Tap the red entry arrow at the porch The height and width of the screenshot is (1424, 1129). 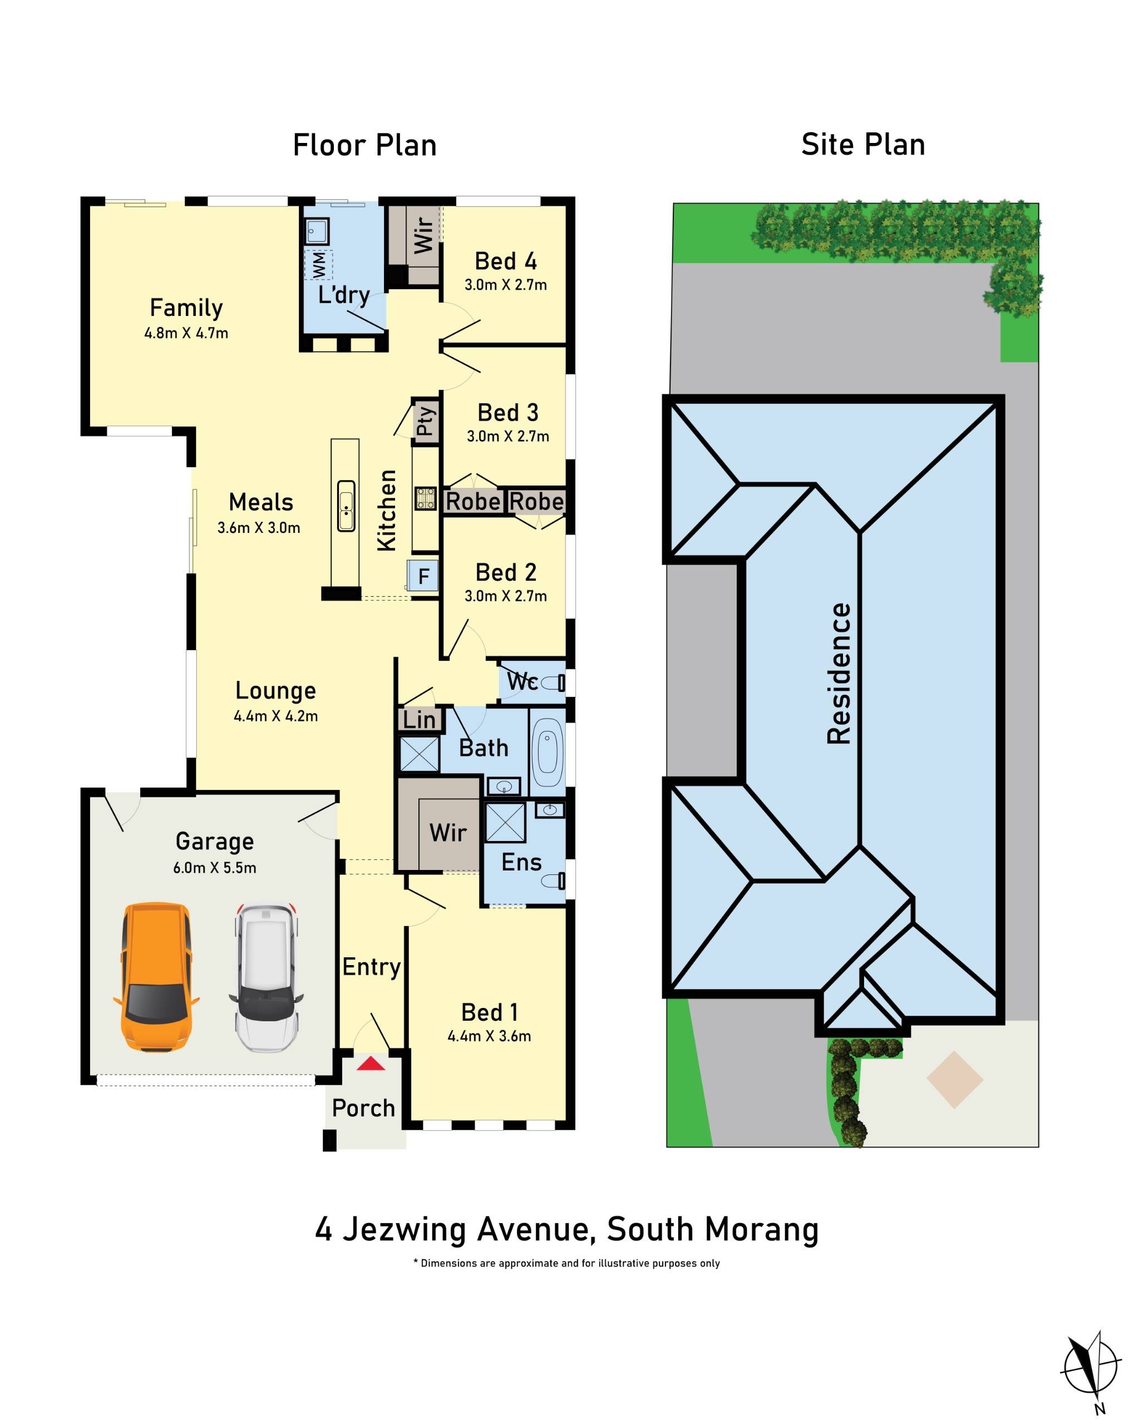pos(371,1064)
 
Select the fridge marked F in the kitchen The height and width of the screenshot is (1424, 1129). pos(423,575)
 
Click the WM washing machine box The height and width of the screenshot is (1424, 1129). pos(319,264)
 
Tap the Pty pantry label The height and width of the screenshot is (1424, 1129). pos(426,420)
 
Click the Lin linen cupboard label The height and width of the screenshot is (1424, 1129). pos(419,719)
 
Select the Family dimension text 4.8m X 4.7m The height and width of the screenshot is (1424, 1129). pos(186,333)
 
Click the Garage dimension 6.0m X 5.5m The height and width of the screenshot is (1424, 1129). pos(214,868)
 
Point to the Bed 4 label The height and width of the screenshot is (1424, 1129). pos(505,261)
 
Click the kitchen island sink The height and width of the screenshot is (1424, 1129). pos(346,507)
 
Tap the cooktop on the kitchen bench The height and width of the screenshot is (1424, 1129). pos(425,498)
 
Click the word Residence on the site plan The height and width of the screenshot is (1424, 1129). pos(839,674)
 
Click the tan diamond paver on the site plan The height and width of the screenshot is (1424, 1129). pos(954,1080)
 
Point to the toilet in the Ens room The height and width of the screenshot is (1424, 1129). pos(554,881)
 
